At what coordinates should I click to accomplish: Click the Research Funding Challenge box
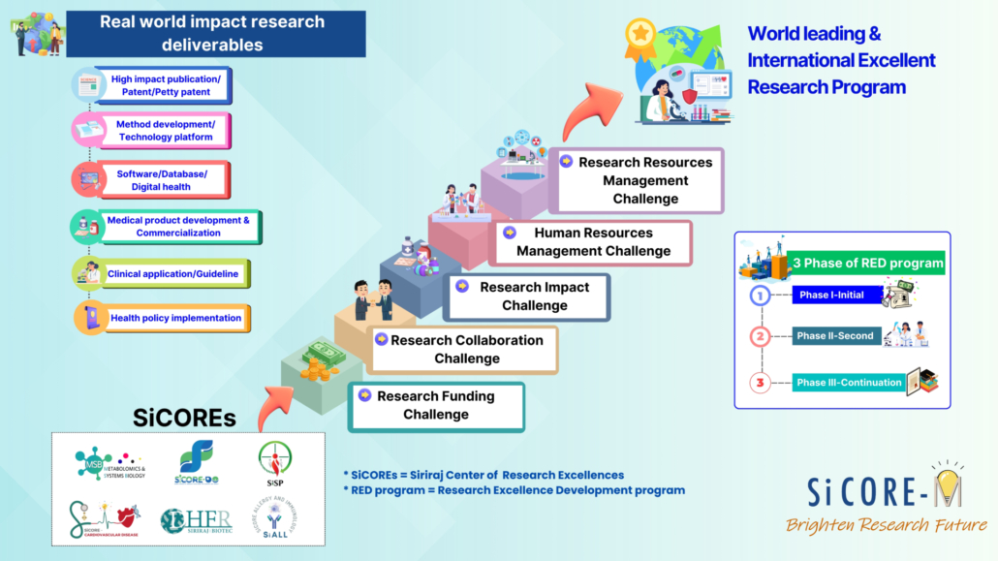436,406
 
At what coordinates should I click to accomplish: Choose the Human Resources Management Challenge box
593,242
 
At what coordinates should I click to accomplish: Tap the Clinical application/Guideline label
172,274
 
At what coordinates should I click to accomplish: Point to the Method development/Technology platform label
165,131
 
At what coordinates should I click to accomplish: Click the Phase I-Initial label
831,294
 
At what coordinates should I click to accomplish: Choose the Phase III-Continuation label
849,383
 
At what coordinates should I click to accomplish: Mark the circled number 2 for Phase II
761,336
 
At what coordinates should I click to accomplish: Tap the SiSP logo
274,461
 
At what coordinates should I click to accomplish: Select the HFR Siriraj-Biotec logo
197,520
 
